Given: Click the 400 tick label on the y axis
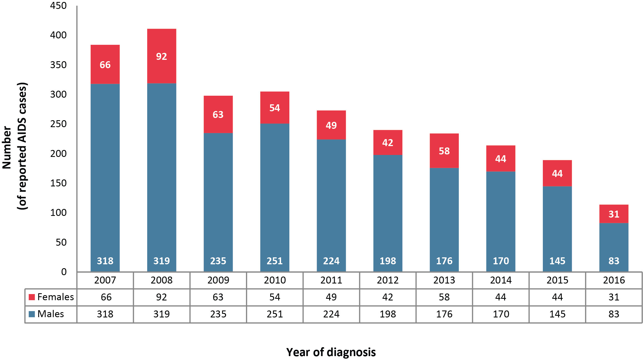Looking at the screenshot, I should click(x=58, y=35).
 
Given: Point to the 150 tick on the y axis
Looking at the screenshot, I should click(x=58, y=183).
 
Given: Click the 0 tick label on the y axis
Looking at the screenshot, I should click(x=64, y=272).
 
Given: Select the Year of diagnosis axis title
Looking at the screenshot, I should click(x=331, y=352).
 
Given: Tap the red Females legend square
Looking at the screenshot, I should click(x=32, y=297).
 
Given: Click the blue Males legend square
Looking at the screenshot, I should click(x=32, y=314).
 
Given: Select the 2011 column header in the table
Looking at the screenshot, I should click(x=331, y=280).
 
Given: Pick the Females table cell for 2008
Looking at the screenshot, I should click(x=161, y=297).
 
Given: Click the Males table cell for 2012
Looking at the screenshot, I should click(x=388, y=314).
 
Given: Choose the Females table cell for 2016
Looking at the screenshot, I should click(x=614, y=297).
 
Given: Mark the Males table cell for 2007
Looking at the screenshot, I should click(x=105, y=314).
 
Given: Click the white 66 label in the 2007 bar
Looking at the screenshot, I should click(x=105, y=65).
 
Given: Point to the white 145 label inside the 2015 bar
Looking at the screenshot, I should click(x=557, y=261).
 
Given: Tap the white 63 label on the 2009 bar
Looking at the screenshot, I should click(x=218, y=115).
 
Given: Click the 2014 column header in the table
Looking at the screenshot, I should click(x=501, y=280).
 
